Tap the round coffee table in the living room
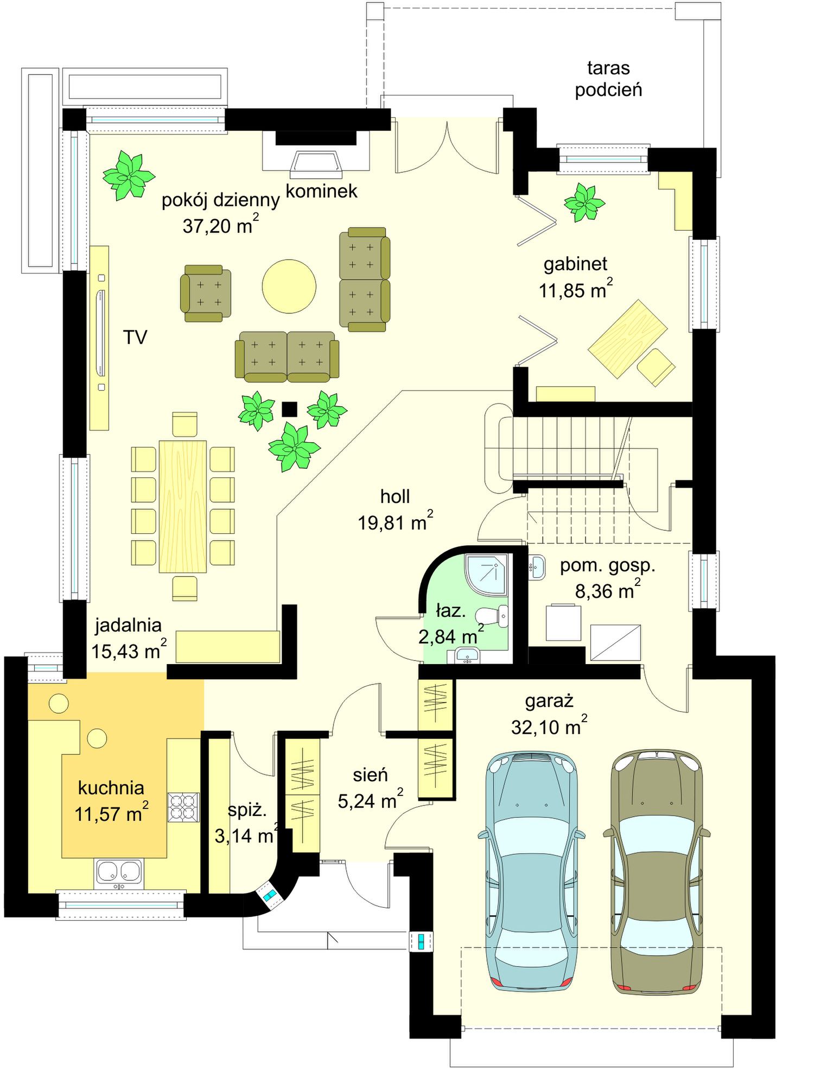point(289,286)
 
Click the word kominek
point(321,191)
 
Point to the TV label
point(135,337)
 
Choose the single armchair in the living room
point(206,293)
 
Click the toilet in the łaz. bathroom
point(492,616)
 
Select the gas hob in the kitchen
point(183,807)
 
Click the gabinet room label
point(575,264)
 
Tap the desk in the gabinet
point(628,339)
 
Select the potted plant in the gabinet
point(584,202)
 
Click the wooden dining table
point(183,507)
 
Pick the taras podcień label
point(608,79)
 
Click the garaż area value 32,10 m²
point(549,725)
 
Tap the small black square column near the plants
point(290,409)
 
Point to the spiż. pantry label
point(247,811)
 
